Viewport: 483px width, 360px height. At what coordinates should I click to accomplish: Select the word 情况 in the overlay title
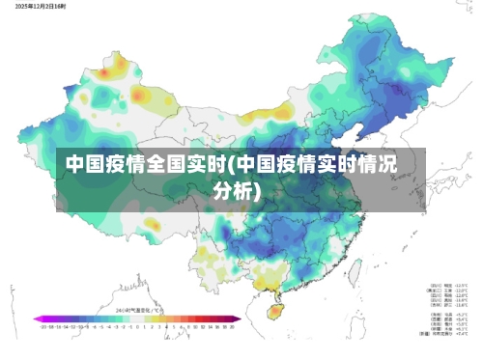pos(379,163)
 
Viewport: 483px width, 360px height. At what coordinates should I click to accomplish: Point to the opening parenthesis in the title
pos(227,163)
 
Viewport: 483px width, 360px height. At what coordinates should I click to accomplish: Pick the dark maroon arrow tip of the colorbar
pos(239,318)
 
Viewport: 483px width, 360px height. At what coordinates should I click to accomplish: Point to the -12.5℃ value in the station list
pos(462,286)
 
